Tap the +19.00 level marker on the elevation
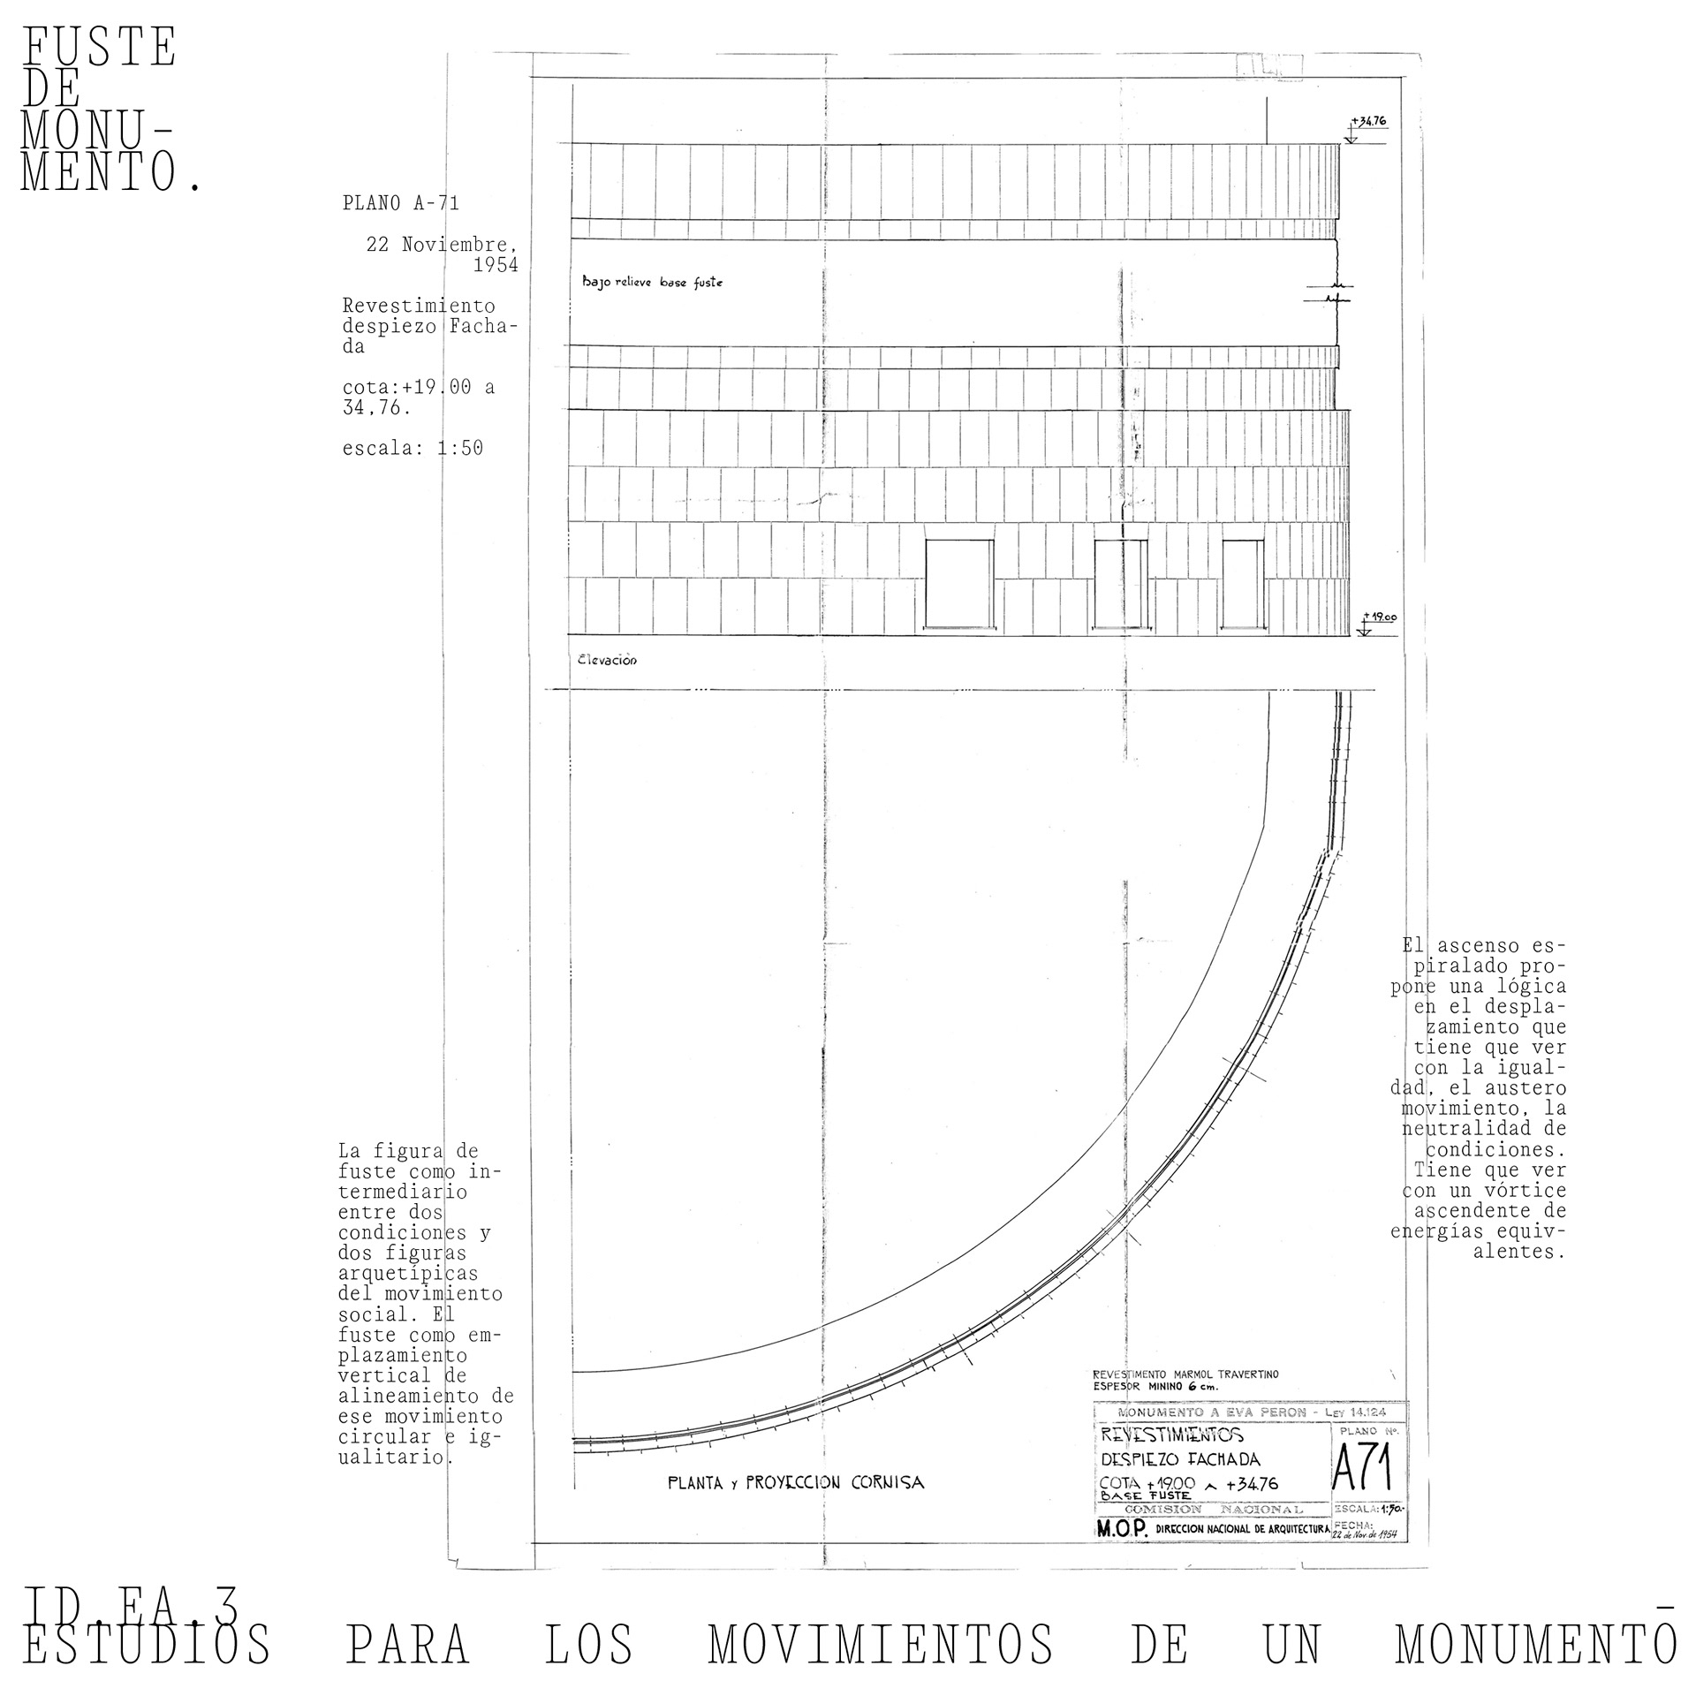[1380, 617]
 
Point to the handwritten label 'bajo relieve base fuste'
[652, 283]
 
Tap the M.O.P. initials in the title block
[1121, 1531]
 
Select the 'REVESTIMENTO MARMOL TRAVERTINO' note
[1185, 1374]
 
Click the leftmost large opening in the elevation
[958, 583]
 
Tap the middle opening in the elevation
[1121, 583]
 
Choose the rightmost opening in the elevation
[1243, 583]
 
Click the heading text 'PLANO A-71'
[401, 203]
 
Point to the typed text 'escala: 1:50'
[413, 448]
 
